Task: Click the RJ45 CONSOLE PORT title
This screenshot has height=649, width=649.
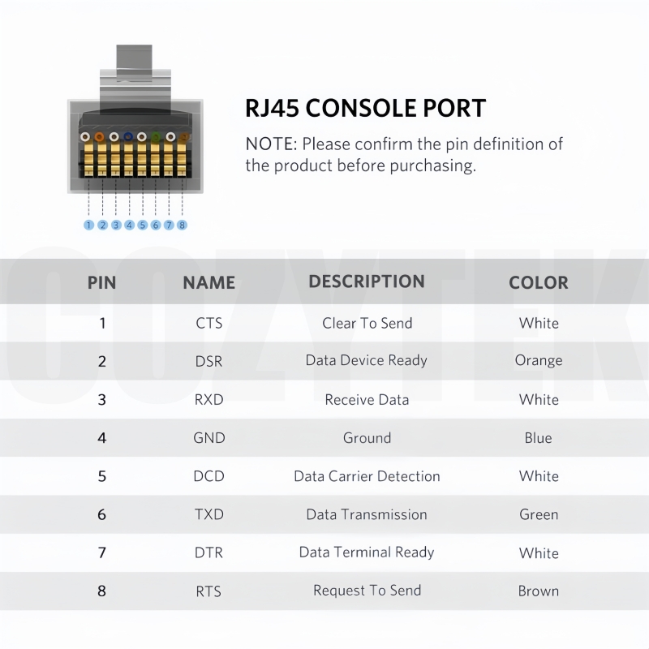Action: (x=366, y=109)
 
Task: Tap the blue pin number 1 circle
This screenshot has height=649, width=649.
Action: (x=88, y=225)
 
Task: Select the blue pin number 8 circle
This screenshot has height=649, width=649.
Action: (x=182, y=225)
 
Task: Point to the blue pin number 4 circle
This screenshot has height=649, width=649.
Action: (x=129, y=225)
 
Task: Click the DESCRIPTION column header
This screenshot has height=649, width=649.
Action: (x=367, y=282)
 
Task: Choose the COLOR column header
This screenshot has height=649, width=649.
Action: (x=539, y=282)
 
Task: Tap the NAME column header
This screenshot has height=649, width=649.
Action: (x=209, y=282)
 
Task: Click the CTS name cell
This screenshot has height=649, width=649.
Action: (x=209, y=323)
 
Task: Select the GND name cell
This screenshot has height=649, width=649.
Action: (x=209, y=438)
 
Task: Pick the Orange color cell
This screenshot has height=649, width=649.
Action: (x=539, y=360)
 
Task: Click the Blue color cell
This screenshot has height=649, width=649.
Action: (x=538, y=438)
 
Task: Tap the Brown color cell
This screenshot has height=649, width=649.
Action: (x=539, y=591)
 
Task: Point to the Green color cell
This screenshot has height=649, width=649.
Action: (x=539, y=514)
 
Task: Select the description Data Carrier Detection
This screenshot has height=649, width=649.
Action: (x=367, y=476)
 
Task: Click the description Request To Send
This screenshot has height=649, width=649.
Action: (x=367, y=591)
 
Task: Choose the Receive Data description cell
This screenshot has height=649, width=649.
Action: (x=367, y=400)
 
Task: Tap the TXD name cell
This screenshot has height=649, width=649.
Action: (x=209, y=514)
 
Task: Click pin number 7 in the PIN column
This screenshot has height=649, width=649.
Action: (x=102, y=553)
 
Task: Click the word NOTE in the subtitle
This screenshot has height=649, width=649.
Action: (x=269, y=144)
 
